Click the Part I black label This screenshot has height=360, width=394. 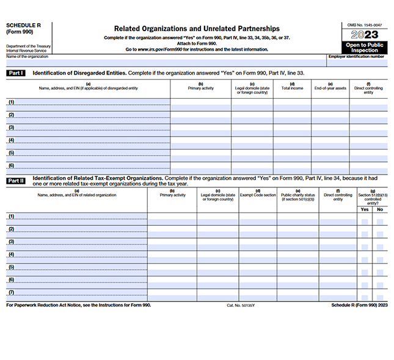pos(15,73)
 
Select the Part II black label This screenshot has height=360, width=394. pos(15,181)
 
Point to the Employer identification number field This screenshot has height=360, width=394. pos(357,62)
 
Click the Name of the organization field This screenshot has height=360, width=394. pos(165,62)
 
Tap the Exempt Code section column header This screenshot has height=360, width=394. pos(258,195)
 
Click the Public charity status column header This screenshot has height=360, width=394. pos(297,197)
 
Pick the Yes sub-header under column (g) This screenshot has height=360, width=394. pos(365,209)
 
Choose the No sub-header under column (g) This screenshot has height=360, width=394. pos(379,209)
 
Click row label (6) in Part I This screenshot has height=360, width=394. pos(11,165)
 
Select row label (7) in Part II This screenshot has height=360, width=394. pos(11,293)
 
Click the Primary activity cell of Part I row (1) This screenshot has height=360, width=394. pos(200,102)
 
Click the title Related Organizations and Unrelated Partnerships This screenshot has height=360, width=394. pos(197,28)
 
